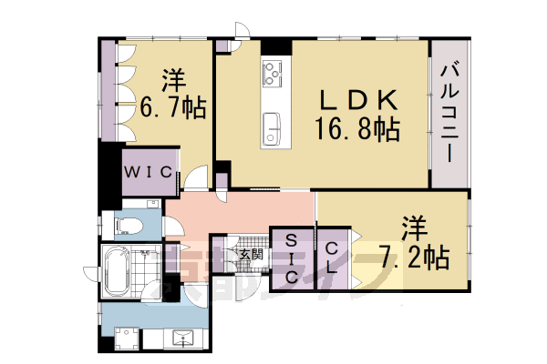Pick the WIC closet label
tap(150, 170)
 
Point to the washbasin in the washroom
tap(186, 339)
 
